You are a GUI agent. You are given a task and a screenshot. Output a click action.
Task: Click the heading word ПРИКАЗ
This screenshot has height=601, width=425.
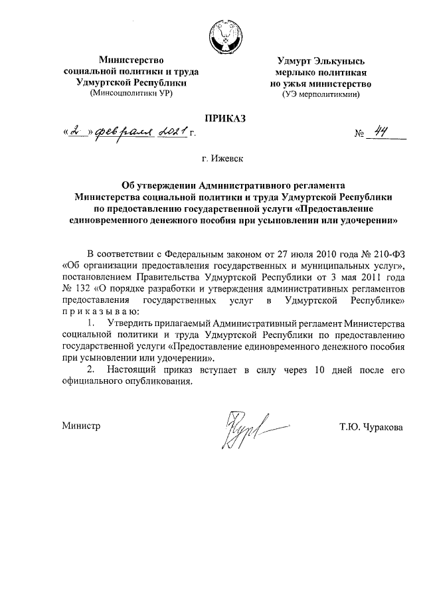point(224,118)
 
